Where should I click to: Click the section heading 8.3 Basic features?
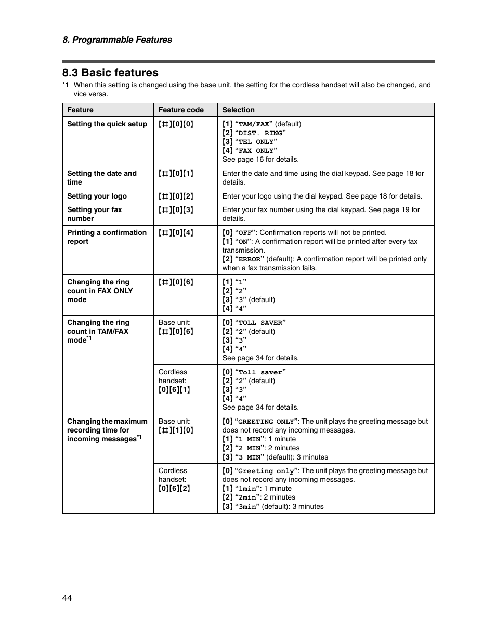[x=110, y=73]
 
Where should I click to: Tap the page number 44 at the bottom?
[x=67, y=598]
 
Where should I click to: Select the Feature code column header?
[x=181, y=110]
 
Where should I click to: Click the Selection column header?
[x=238, y=110]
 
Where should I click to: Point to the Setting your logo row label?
[x=97, y=196]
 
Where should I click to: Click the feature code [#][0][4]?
[x=176, y=232]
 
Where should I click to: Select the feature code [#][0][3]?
[x=176, y=209]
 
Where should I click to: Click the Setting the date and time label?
[x=102, y=177]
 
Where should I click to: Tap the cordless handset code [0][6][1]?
[x=174, y=389]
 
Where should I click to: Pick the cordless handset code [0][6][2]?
[x=174, y=488]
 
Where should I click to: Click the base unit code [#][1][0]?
[x=176, y=430]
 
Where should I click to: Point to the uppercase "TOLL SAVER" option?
[x=262, y=323]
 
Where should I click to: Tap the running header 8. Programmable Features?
[x=117, y=40]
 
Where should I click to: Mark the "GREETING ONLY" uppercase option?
[x=267, y=422]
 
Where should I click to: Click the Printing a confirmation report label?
[x=107, y=237]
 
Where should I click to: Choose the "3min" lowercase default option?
[x=247, y=507]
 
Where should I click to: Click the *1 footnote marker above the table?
[x=66, y=85]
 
